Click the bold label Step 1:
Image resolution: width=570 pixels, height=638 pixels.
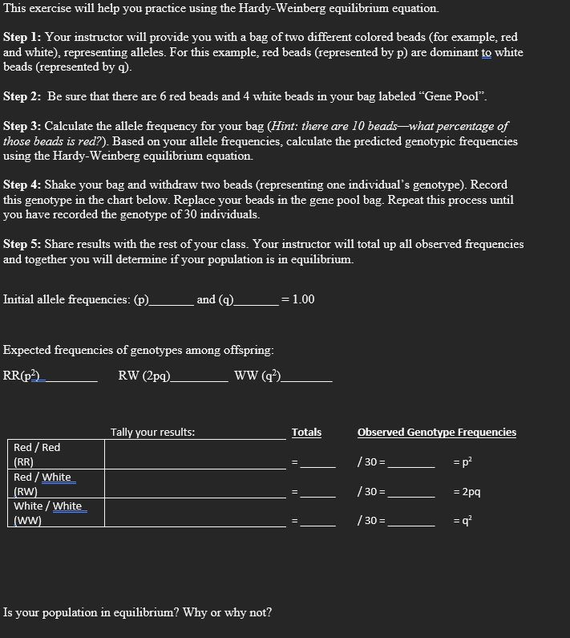pyautogui.click(x=22, y=38)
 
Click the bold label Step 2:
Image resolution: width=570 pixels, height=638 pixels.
pyautogui.click(x=22, y=96)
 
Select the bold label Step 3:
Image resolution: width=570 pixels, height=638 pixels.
pyautogui.click(x=22, y=127)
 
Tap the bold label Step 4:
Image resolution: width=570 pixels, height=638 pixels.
pyautogui.click(x=22, y=185)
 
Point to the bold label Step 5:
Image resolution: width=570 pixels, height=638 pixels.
pyautogui.click(x=22, y=244)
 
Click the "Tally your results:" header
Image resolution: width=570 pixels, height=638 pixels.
pyautogui.click(x=152, y=433)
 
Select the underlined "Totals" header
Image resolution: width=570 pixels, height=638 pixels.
pyautogui.click(x=306, y=433)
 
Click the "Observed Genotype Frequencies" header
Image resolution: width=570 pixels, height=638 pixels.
pyautogui.click(x=436, y=433)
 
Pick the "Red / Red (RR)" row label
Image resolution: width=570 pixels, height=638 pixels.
pyautogui.click(x=38, y=454)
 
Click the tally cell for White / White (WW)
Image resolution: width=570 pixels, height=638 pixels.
pyautogui.click(x=195, y=514)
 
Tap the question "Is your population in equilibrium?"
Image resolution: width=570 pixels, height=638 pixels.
pyautogui.click(x=137, y=613)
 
